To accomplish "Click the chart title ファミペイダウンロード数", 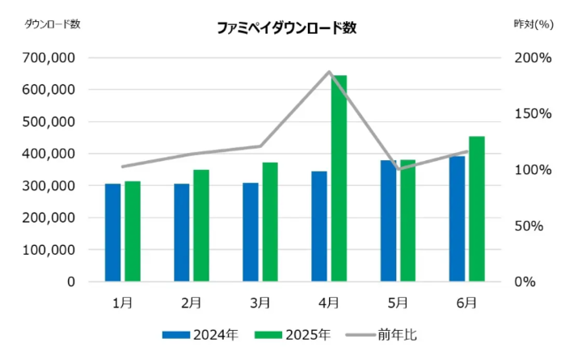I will point(286,28).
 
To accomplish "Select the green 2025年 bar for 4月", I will point(339,178).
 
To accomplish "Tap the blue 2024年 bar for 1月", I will point(112,233).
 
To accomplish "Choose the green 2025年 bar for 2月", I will point(201,226).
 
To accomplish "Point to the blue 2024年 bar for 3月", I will point(251,232).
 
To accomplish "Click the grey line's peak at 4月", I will point(329,72).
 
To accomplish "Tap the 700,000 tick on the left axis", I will point(49,58).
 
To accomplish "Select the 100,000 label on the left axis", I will point(49,250).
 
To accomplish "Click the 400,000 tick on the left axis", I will point(49,154).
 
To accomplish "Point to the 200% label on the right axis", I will point(534,58).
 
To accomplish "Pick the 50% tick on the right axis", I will point(538,226).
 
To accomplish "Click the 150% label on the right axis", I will point(534,114).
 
